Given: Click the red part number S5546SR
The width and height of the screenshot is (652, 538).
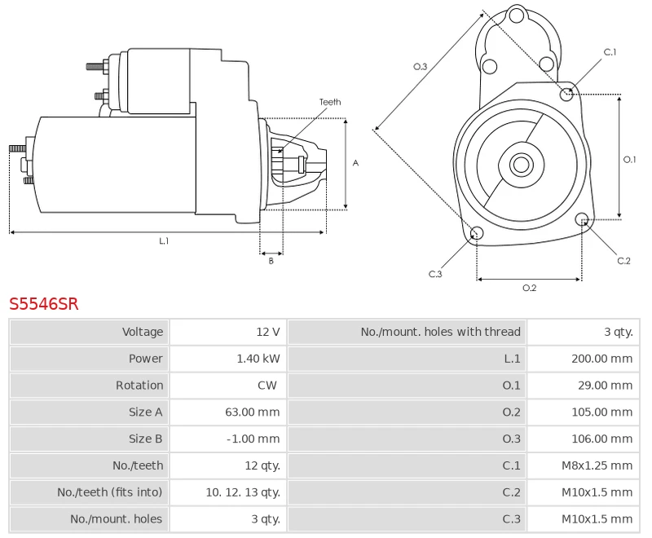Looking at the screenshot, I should point(44,304).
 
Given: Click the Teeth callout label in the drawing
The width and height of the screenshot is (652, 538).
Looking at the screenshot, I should point(330,102).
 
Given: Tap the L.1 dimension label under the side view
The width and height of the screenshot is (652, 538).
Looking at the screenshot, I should point(164,240).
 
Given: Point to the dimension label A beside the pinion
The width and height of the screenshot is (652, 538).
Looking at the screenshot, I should point(355,163).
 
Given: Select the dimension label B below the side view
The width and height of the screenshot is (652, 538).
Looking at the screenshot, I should point(271,261).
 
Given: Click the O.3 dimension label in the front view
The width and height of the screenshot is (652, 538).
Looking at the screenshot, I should point(421,66).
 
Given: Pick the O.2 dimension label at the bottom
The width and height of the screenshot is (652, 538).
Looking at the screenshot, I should point(529,288).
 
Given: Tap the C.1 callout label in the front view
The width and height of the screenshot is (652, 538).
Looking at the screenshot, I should point(610,52).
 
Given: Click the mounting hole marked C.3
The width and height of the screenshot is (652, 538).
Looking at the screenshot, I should point(478,235).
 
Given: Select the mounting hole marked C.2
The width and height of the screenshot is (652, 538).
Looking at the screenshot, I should point(582,219).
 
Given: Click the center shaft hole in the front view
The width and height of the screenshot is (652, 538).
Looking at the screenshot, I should point(520,165).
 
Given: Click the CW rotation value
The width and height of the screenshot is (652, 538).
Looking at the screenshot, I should point(267,386).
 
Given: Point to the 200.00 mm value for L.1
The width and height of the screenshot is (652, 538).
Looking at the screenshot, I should point(601,359).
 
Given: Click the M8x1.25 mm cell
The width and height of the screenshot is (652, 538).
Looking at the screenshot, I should point(597,465).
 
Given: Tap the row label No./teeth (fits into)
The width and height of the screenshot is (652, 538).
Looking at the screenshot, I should point(110,492).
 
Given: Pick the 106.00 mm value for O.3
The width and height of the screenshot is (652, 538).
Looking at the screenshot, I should point(601,439).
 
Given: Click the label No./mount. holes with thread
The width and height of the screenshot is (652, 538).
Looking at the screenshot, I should point(440,332).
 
